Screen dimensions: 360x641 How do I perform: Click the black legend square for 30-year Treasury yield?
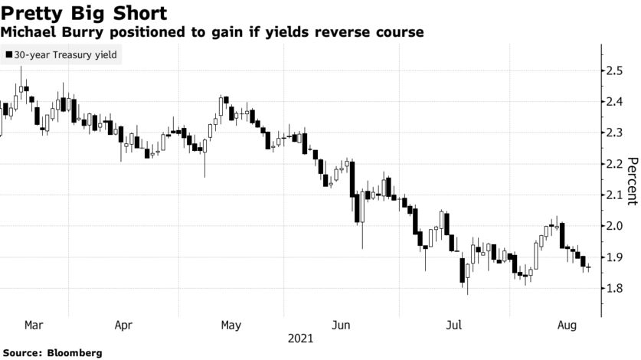[8, 55]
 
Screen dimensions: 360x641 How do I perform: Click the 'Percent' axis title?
[633, 181]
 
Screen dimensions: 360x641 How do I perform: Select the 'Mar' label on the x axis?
[34, 325]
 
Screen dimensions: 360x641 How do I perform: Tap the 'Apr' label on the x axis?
[123, 325]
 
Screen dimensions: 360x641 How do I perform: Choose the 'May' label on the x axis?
[231, 325]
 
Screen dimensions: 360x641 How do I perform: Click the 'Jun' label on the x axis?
[341, 325]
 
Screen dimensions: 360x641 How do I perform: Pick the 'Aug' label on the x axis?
[567, 325]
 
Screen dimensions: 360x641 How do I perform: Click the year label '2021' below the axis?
[301, 337]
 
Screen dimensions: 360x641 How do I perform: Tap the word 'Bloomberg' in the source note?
[74, 353]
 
